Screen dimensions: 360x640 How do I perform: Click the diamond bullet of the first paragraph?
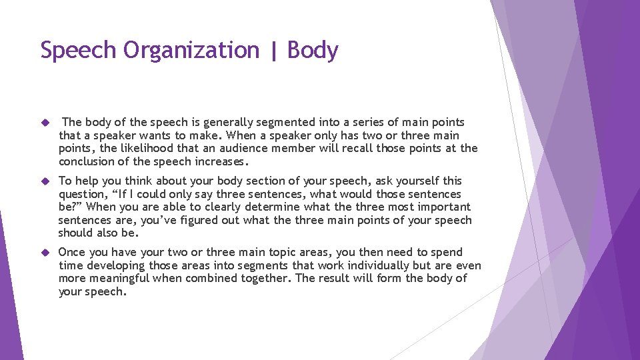tap(45, 123)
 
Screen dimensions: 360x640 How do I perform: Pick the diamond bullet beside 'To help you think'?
tap(45, 181)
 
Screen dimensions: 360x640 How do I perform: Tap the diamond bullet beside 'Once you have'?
tap(45, 253)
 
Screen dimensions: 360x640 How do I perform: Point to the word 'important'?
tap(441, 207)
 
